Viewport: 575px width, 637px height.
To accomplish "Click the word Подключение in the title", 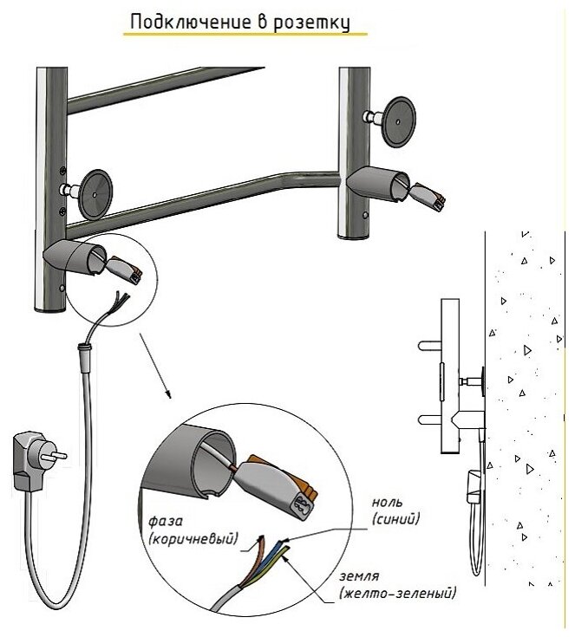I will (x=180, y=22).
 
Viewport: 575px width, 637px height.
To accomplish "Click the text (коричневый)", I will (x=193, y=540).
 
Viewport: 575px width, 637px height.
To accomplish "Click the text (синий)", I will (x=395, y=519).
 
